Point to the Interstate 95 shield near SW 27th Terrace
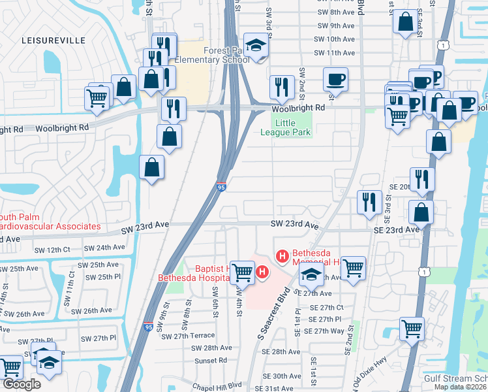[x=149, y=327]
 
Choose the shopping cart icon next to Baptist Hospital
[x=242, y=271]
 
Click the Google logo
[x=22, y=384]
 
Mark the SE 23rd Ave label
[x=396, y=230]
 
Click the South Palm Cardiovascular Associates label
[x=48, y=221]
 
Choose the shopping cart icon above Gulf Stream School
[x=412, y=328]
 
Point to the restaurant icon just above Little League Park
[x=282, y=86]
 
